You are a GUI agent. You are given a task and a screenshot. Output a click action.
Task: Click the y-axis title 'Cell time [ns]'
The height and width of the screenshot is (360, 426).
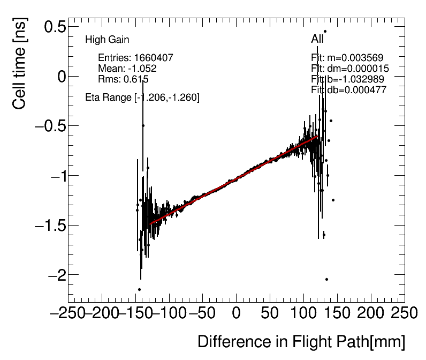point(19,70)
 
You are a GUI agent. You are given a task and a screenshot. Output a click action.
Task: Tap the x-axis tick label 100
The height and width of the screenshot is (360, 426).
point(303,312)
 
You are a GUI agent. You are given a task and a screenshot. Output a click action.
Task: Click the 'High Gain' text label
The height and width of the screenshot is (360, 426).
point(107,40)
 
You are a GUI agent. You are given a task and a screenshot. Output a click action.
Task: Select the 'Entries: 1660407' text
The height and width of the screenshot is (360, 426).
point(135,58)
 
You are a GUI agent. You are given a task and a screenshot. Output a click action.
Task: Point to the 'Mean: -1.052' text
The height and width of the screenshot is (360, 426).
point(127,69)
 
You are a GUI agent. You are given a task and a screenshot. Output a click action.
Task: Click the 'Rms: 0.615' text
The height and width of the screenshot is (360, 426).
point(123,79)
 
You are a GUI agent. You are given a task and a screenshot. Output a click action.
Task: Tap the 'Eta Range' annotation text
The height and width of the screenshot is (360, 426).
point(142,97)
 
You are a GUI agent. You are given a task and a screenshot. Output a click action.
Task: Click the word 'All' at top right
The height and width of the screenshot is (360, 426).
point(317,39)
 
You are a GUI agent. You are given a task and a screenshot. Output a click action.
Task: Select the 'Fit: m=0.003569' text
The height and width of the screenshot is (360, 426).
point(347,58)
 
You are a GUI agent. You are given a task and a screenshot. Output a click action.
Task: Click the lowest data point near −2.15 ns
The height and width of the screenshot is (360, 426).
point(139,290)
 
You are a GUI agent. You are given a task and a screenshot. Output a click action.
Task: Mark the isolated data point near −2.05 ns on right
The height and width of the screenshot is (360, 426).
point(326,279)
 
